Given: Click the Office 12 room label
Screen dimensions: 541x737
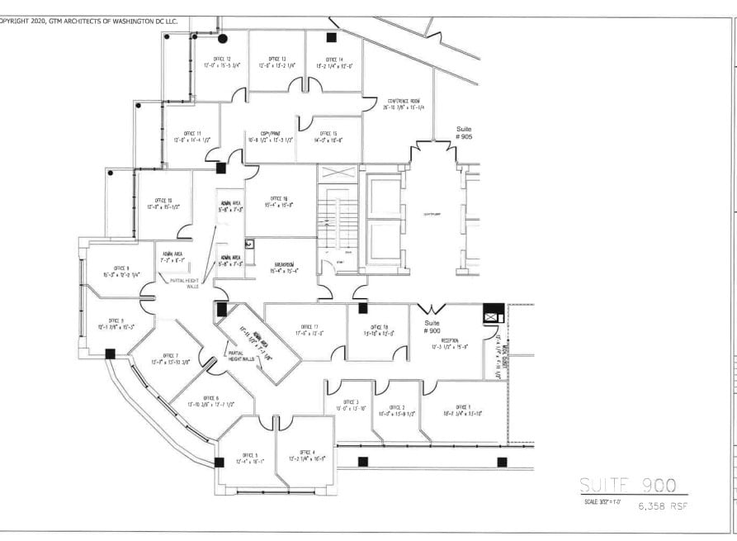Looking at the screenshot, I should (221, 59).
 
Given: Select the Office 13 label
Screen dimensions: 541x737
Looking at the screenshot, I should (277, 59).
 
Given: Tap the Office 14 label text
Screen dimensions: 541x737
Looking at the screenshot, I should (334, 59).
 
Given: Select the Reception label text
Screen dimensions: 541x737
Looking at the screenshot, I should (450, 339).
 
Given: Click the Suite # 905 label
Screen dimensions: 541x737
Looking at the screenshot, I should (464, 133).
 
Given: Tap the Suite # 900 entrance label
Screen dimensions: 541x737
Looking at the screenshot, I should (432, 326).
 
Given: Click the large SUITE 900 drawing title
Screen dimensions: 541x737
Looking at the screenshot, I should (632, 485).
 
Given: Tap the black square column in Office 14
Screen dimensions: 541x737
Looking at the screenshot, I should (331, 37).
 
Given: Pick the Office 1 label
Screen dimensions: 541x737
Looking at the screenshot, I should (462, 408).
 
